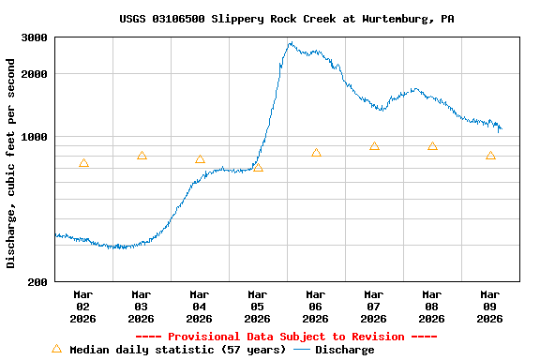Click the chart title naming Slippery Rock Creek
point(287,19)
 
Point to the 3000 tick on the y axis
point(35,37)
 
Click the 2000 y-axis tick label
point(35,74)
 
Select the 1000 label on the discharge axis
point(35,137)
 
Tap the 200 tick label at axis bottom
point(38,282)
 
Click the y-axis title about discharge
point(11,163)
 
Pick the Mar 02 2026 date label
point(82,306)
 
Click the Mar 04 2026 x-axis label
point(199,306)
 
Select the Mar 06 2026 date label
point(315,306)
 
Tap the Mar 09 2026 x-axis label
point(489,306)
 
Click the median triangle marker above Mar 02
point(83,163)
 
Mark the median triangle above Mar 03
point(142,156)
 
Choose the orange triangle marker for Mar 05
point(258,168)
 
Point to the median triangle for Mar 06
point(316,153)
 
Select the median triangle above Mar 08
point(432,146)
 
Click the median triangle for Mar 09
point(490,156)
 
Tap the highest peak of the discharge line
point(291,43)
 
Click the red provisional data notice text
point(286,337)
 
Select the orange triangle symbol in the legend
point(56,349)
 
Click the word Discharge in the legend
point(344,350)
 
